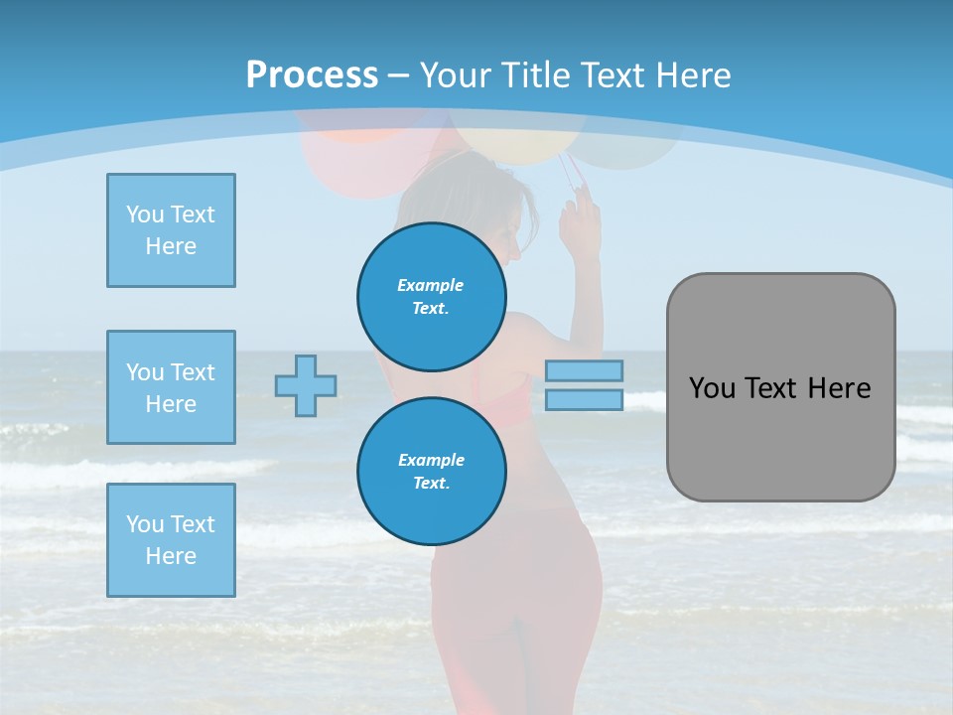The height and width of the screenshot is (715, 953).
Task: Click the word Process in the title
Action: pyautogui.click(x=312, y=75)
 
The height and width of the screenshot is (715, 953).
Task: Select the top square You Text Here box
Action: pyautogui.click(x=171, y=230)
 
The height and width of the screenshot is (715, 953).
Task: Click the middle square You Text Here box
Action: pyautogui.click(x=171, y=387)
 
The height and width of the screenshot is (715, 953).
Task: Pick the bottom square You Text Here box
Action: pyautogui.click(x=171, y=540)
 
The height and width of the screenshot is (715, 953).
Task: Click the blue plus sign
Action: pyautogui.click(x=306, y=385)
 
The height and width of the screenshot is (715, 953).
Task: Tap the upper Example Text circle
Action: pyautogui.click(x=432, y=297)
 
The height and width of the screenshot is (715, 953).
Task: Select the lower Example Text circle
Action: pyautogui.click(x=432, y=472)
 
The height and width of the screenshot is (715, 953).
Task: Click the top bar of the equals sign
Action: pyautogui.click(x=584, y=370)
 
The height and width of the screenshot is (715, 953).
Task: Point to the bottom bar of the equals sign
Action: pyautogui.click(x=584, y=400)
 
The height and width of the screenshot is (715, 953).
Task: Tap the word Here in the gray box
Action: pyautogui.click(x=839, y=388)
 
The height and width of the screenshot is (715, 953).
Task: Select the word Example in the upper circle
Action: pyautogui.click(x=431, y=285)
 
